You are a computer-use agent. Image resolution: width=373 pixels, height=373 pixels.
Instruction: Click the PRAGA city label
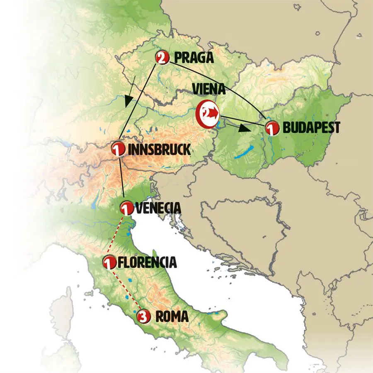pyautogui.click(x=194, y=58)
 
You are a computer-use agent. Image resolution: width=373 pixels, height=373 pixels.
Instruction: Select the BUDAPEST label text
pyautogui.click(x=311, y=128)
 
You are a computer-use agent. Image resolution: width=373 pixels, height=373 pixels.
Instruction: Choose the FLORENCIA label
pyautogui.click(x=148, y=262)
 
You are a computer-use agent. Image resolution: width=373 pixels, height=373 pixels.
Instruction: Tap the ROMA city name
pyautogui.click(x=172, y=317)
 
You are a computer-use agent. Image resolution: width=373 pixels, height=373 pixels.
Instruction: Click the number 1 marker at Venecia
pyautogui.click(x=126, y=207)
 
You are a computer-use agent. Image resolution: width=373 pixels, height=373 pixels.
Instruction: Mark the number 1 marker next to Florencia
pyautogui.click(x=109, y=262)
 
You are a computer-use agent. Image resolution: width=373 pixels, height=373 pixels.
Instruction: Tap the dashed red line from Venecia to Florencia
pyautogui.click(x=117, y=234)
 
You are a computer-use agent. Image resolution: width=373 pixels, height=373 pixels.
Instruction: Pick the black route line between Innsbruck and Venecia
pyautogui.click(x=122, y=178)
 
